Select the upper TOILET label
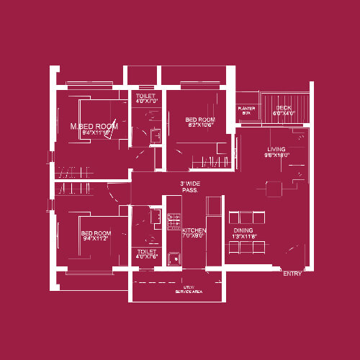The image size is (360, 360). tap(146, 95)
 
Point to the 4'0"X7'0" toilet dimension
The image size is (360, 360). tap(146, 102)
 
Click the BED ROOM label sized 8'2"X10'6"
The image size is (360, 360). tap(199, 120)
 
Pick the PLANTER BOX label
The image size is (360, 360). tap(246, 110)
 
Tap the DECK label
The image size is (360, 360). tap(284, 107)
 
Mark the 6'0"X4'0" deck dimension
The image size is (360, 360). tap(285, 114)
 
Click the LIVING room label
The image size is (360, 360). tap(277, 149)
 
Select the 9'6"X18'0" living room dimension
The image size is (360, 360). tap(276, 156)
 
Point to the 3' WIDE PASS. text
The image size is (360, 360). tap(190, 187)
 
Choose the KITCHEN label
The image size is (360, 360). tap(193, 230)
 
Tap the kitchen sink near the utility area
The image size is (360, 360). tap(173, 258)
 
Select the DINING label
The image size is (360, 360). tap(244, 230)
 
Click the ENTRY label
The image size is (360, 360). tap(292, 274)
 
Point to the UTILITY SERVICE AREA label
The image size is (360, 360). tap(188, 289)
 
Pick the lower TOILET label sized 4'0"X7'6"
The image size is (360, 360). tap(146, 251)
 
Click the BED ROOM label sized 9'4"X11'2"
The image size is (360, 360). tap(96, 233)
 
